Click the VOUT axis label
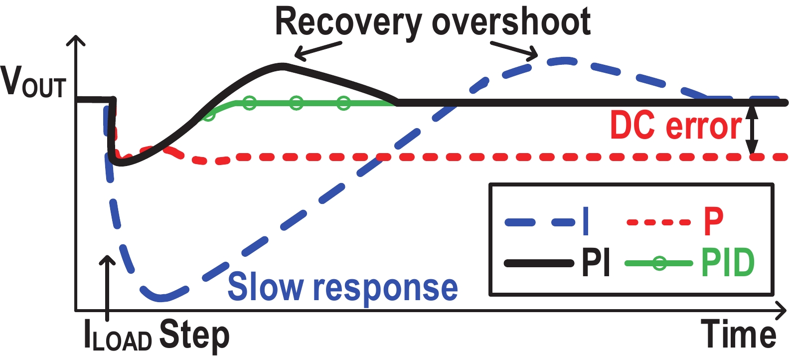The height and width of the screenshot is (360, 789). point(33,82)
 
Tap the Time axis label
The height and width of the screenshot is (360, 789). point(738,334)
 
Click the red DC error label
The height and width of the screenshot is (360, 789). point(676,126)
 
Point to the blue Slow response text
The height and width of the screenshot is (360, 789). point(342,288)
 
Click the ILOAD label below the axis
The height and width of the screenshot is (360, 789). point(118,337)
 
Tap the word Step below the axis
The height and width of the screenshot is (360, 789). point(194,336)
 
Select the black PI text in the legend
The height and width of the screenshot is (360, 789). point(596,262)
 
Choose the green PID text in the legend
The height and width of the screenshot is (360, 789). point(728,262)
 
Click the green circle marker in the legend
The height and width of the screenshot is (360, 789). point(659,263)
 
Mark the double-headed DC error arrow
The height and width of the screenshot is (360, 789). point(752,130)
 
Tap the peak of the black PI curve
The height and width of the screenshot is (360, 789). point(283,64)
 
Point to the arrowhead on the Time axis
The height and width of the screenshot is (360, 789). point(781,311)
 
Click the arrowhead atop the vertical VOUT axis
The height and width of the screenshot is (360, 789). point(76,41)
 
